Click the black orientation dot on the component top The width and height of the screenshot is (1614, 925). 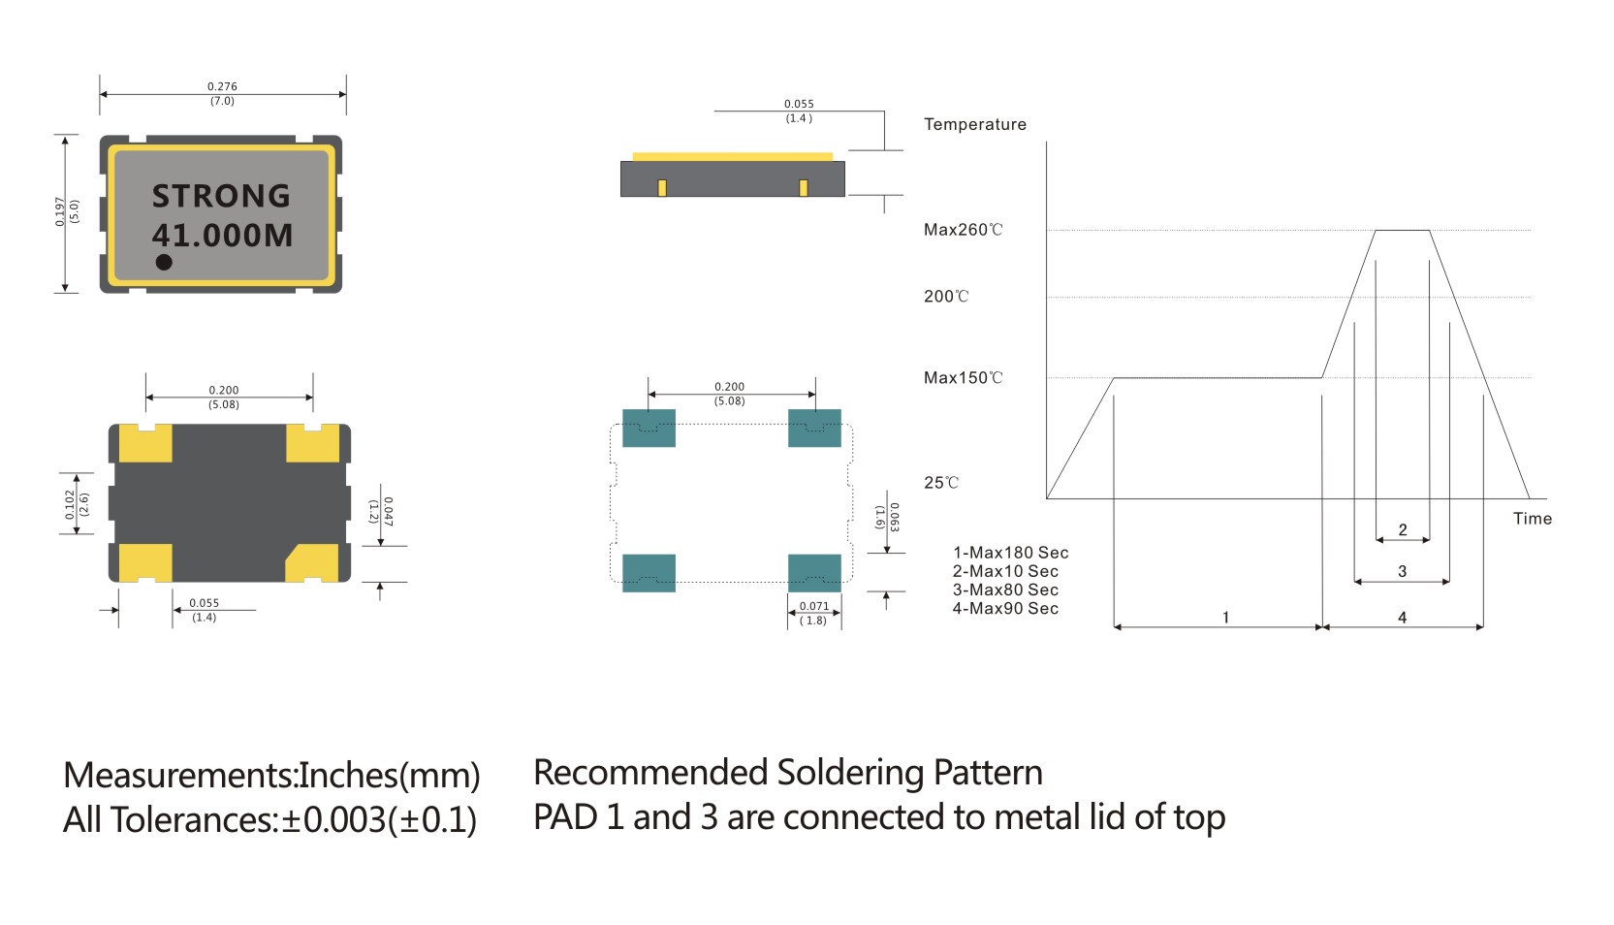164,263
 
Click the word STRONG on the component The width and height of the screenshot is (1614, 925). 221,196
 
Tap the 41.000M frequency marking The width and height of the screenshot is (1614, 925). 223,236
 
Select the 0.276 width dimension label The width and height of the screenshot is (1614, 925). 222,86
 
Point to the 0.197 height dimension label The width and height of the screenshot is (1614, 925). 60,212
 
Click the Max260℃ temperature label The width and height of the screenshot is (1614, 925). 964,230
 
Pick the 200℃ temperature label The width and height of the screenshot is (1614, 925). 946,297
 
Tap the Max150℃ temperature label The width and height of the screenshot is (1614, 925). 964,378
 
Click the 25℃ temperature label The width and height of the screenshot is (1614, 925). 941,482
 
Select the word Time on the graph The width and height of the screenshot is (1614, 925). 1533,519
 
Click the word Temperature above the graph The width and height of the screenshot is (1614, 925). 975,124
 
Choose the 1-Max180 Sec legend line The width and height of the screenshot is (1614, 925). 1010,553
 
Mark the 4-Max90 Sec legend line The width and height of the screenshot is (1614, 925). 1005,609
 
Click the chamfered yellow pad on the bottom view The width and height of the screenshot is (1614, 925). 313,563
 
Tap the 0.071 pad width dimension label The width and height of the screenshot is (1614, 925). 814,606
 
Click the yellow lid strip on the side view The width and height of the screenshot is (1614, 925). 733,156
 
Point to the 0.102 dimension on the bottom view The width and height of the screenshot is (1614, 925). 70,504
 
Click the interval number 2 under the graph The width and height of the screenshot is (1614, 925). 1403,530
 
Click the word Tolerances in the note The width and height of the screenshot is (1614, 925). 193,820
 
